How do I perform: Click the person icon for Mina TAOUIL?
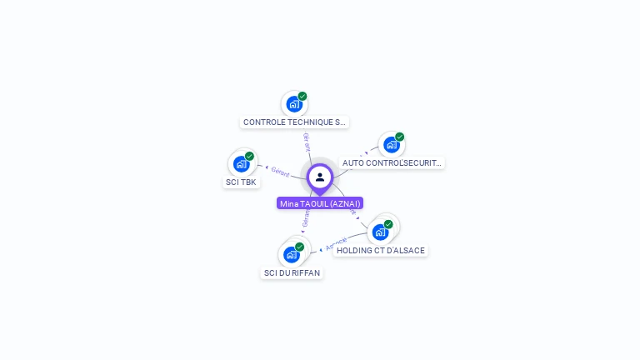point(320,177)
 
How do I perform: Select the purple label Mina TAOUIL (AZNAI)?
point(320,203)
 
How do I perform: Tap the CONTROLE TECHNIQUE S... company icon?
point(293,104)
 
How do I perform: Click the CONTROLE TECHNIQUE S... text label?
point(294,122)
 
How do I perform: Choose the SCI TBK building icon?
point(241,164)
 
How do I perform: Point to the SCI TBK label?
point(241,182)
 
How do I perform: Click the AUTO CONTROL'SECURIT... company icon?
point(391,145)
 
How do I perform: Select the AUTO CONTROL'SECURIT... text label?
point(392,163)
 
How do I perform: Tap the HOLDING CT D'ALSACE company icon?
point(380,232)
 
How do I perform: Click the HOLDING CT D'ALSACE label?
point(381,250)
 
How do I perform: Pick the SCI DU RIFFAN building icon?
point(292,254)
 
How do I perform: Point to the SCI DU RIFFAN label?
point(292,272)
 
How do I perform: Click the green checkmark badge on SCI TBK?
point(249,156)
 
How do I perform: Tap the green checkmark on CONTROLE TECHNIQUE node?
point(302,96)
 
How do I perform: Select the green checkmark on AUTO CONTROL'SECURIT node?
point(400,137)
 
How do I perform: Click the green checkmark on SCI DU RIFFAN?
point(300,247)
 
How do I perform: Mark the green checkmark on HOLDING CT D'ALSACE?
point(388,224)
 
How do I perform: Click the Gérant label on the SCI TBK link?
point(280,172)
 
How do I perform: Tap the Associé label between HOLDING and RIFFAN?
point(336,244)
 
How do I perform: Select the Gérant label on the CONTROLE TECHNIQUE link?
point(307,141)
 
